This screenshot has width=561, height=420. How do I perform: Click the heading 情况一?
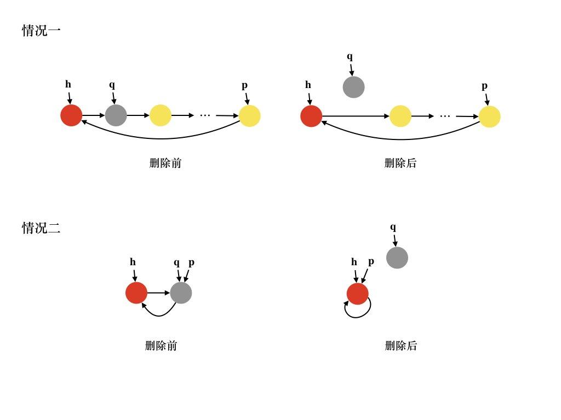point(41,31)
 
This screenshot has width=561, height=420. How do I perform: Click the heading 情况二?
point(41,228)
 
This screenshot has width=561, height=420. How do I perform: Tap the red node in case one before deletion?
point(71,115)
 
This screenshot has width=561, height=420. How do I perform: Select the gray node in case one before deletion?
point(116,115)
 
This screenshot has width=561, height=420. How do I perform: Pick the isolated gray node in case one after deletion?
point(353,87)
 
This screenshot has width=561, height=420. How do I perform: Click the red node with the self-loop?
point(357,294)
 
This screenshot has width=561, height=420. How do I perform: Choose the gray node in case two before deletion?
point(181,293)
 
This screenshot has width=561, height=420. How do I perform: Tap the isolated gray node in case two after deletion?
point(397,258)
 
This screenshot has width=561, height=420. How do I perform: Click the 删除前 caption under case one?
point(165,163)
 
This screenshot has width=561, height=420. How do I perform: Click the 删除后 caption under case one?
point(400,163)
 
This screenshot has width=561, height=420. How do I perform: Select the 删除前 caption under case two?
point(161,346)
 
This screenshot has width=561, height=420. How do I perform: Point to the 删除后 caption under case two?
point(401,346)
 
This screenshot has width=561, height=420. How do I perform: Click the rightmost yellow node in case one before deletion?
point(249,116)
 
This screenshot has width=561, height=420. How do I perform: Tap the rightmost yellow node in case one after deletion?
point(489,116)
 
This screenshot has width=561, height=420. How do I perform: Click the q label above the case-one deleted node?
point(350,56)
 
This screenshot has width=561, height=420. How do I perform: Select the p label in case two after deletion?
point(371,261)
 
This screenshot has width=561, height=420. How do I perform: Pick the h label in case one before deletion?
point(68,84)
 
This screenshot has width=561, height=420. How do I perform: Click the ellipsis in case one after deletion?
point(445,116)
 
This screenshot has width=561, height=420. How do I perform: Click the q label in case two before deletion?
point(176,262)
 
